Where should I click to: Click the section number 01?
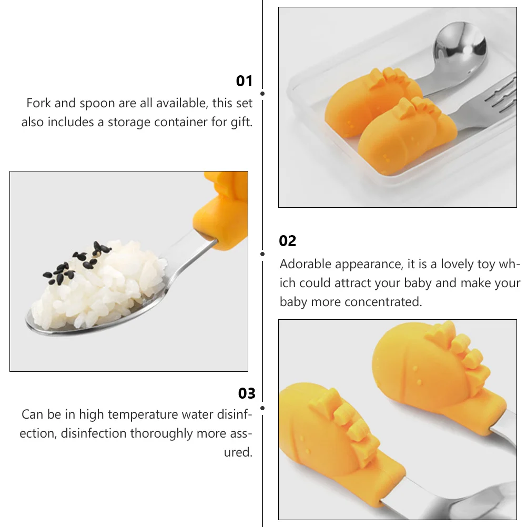pyautogui.click(x=244, y=81)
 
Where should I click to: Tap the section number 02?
pyautogui.click(x=288, y=241)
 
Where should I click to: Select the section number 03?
pyautogui.click(x=247, y=393)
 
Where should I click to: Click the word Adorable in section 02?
pyautogui.click(x=306, y=264)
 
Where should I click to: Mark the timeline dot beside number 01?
pyautogui.click(x=262, y=94)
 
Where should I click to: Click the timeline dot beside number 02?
pyautogui.click(x=262, y=254)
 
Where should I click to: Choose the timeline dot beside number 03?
pyautogui.click(x=262, y=408)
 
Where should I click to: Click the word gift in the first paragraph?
pyautogui.click(x=241, y=123)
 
